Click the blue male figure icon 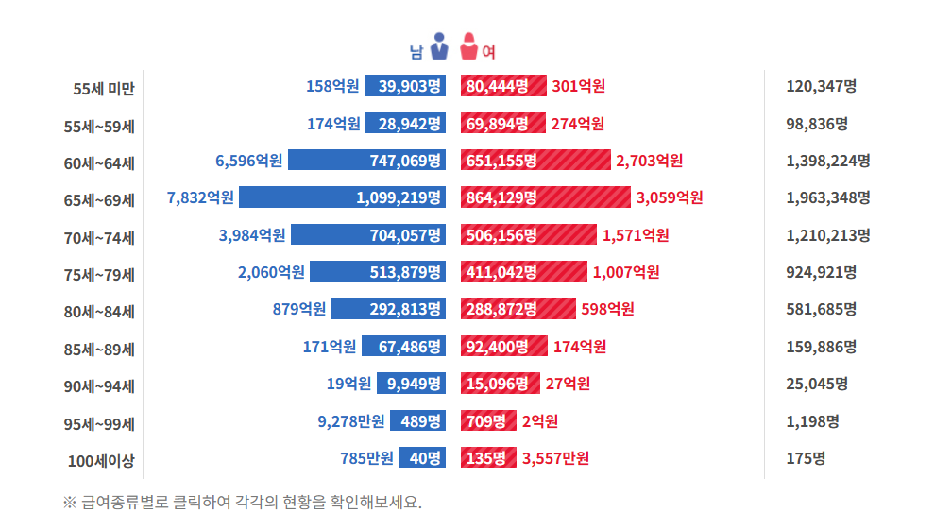[x=438, y=47]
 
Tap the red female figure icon [x=468, y=47]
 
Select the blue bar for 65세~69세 [x=342, y=197]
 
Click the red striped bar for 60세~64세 [x=535, y=161]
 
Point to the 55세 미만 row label [x=104, y=88]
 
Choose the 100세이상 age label [x=101, y=460]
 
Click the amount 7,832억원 [x=200, y=197]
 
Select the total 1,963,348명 [x=827, y=197]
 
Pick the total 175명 [x=806, y=459]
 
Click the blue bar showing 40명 [x=422, y=458]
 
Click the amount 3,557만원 [x=555, y=458]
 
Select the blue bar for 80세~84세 [x=388, y=309]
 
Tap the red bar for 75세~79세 [x=523, y=272]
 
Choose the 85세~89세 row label [x=99, y=349]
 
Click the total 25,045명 [x=816, y=384]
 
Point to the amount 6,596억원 [x=249, y=161]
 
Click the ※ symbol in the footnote [x=69, y=503]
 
